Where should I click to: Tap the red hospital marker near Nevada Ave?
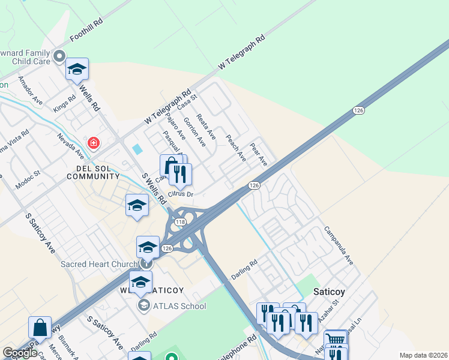pos(93,143)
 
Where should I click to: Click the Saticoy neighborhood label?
pos(331,292)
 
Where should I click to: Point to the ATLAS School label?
pos(179,306)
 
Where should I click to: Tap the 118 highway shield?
pos(179,223)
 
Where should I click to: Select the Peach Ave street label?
pos(236,148)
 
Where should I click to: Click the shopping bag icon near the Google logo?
pos(40,328)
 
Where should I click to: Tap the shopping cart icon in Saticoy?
pos(336,340)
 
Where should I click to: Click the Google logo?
pos(20,353)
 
